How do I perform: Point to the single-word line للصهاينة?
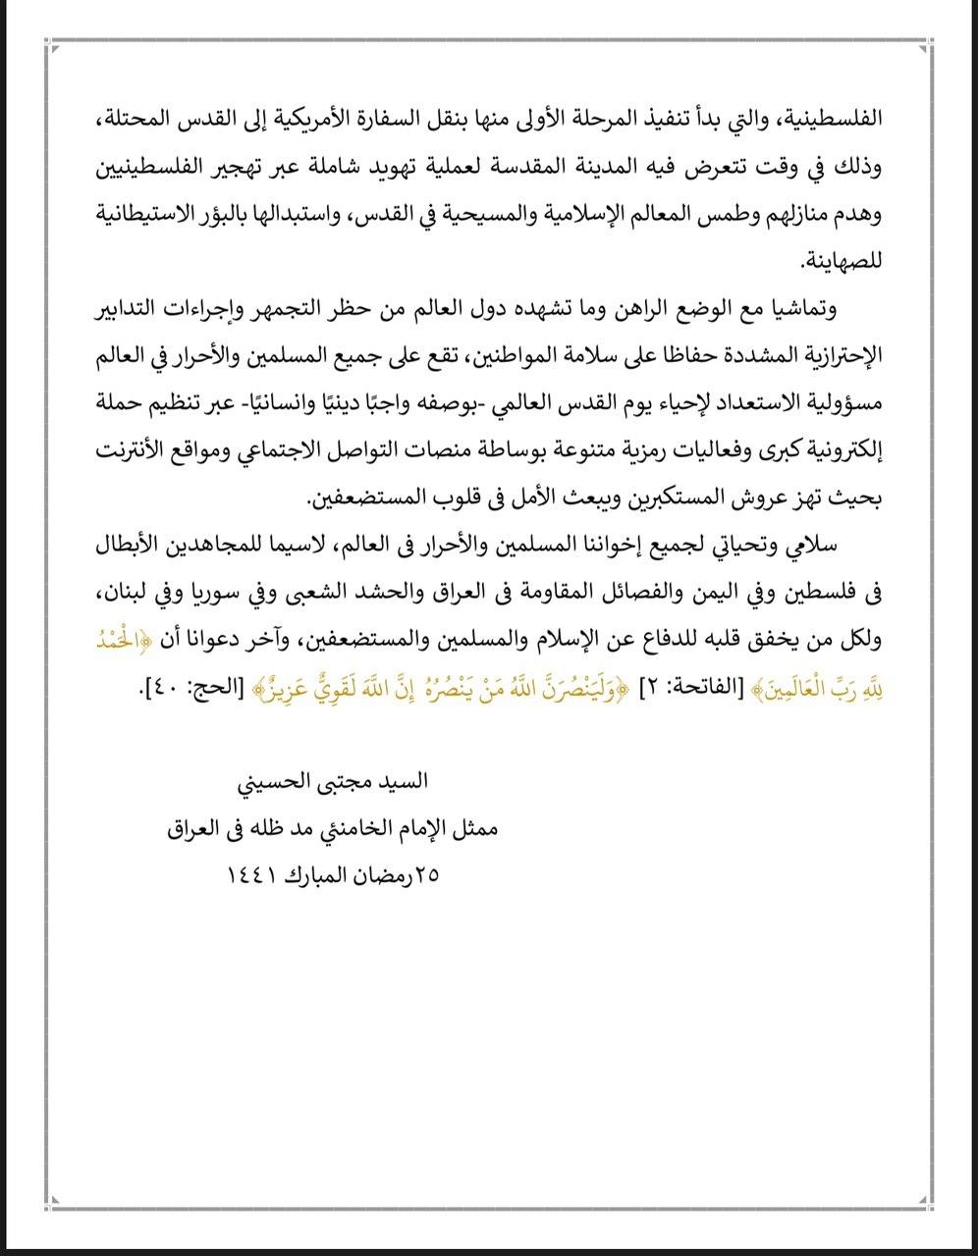844,263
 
